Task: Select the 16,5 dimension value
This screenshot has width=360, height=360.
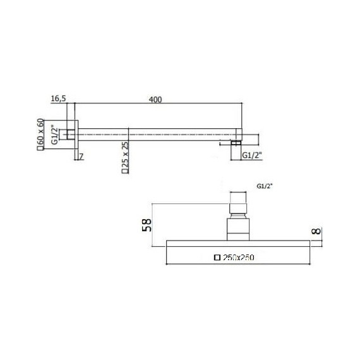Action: (59, 99)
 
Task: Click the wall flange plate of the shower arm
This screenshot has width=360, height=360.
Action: (78, 133)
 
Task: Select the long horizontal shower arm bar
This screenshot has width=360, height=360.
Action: (158, 133)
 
